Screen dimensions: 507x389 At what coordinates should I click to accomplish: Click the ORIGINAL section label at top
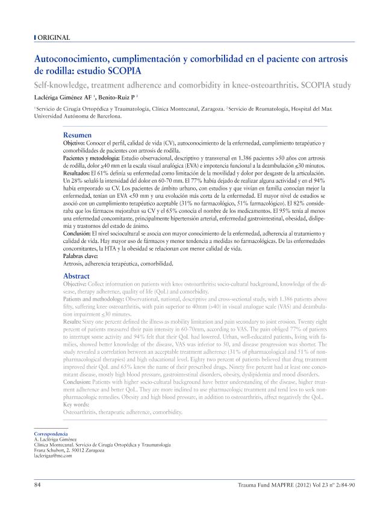tap(53, 38)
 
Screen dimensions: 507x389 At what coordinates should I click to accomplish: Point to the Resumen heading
tap(78, 135)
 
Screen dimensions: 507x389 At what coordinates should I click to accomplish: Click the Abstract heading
tap(76, 276)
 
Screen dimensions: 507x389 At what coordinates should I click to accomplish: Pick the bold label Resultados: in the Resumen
tap(79, 172)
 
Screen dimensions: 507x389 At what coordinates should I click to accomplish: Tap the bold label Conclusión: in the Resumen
tap(80, 232)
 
